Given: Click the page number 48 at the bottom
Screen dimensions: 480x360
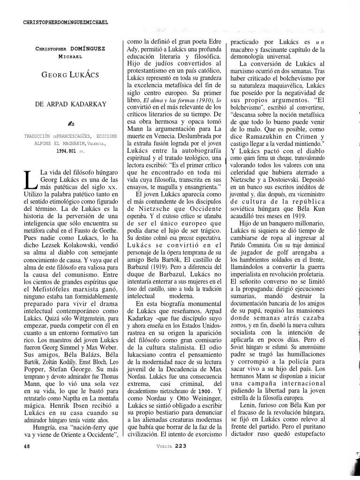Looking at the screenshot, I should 27,447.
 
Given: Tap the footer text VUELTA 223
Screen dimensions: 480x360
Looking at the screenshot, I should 172,446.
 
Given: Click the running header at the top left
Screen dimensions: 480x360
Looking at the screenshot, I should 66,22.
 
